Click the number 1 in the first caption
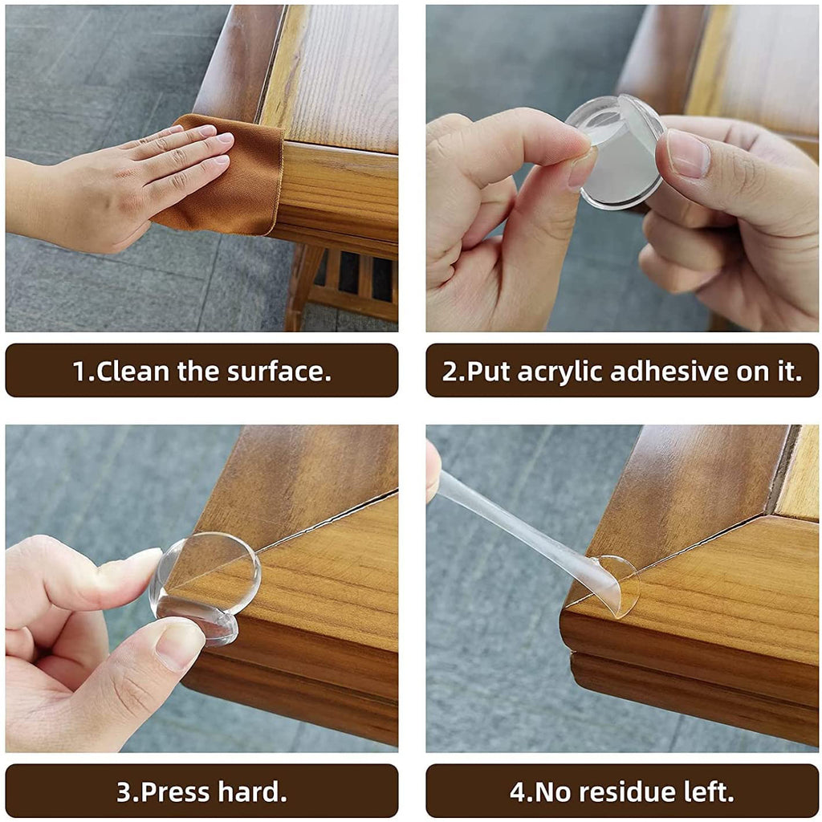pyautogui.click(x=79, y=371)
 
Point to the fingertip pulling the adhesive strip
pyautogui.click(x=433, y=470)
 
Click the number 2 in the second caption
pyautogui.click(x=449, y=371)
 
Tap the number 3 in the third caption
pyautogui.click(x=124, y=791)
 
